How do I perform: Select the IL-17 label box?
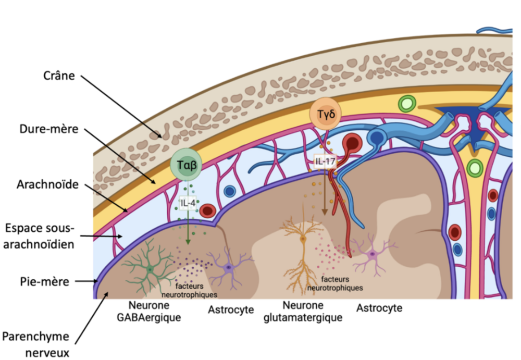326,163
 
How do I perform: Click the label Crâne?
59,76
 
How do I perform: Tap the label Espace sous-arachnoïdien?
40,237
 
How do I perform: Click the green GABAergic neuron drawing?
150,269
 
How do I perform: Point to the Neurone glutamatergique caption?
303,311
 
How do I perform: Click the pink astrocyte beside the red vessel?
373,255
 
